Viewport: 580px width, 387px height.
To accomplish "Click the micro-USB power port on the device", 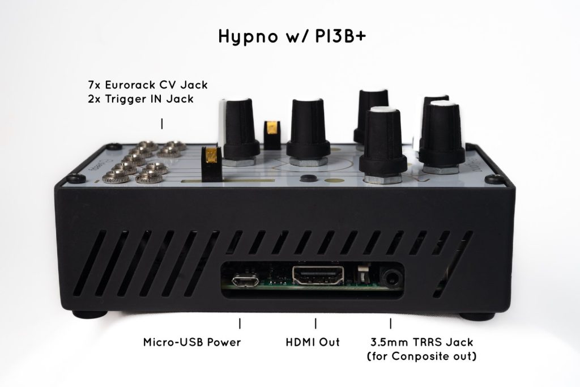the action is pyautogui.click(x=244, y=281).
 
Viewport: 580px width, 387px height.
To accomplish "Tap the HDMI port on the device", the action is pyautogui.click(x=318, y=275).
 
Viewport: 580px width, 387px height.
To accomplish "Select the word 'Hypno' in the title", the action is pyautogui.click(x=248, y=37).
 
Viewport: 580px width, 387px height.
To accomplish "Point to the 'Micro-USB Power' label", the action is pyautogui.click(x=192, y=342).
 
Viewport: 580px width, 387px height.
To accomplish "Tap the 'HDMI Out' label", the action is pyautogui.click(x=313, y=342).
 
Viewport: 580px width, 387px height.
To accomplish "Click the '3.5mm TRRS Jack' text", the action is pyautogui.click(x=421, y=342).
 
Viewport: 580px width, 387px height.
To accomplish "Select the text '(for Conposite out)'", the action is pyautogui.click(x=421, y=356).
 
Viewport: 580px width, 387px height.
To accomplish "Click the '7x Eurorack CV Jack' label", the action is pyautogui.click(x=148, y=85).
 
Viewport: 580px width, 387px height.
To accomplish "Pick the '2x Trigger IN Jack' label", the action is pyautogui.click(x=141, y=99).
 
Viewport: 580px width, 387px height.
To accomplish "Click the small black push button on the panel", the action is pyautogui.click(x=309, y=178).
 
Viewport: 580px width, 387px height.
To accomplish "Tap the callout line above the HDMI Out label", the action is pyautogui.click(x=315, y=324).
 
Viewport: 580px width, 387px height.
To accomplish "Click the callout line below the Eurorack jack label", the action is pyautogui.click(x=162, y=124).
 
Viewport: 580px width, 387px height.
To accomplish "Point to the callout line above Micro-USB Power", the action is pyautogui.click(x=240, y=324).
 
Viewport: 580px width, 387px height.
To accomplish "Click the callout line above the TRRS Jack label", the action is pyautogui.click(x=391, y=324).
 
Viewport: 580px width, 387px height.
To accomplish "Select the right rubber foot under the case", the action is pyautogui.click(x=477, y=317).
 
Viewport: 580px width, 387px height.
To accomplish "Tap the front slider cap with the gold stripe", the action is pyautogui.click(x=211, y=164).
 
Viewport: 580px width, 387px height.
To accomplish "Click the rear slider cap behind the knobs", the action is pyautogui.click(x=272, y=135).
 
